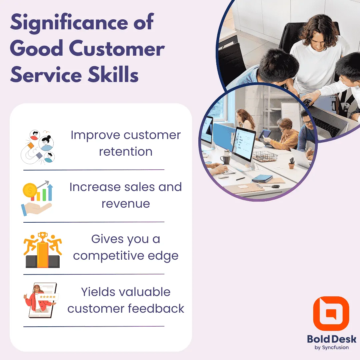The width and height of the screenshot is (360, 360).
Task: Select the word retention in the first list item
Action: tap(126, 152)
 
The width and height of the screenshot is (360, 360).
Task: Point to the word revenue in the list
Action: tap(126, 204)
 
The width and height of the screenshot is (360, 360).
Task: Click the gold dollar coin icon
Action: tap(30, 191)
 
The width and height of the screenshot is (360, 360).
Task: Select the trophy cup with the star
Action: tap(42, 236)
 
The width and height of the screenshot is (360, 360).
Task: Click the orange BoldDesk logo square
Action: tap(331, 314)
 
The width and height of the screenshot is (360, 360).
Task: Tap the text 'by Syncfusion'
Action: tap(331, 347)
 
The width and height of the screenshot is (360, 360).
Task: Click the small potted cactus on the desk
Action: tap(292, 164)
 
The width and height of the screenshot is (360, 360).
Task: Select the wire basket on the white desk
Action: tap(265, 156)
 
